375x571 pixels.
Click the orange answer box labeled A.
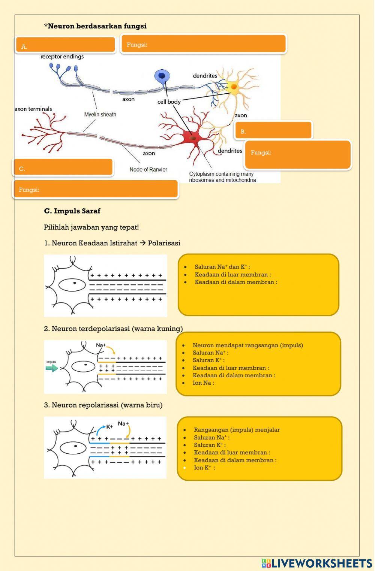[66, 45]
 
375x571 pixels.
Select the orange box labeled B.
[273, 130]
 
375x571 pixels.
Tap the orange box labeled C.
[63, 167]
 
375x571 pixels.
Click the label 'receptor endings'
[62, 57]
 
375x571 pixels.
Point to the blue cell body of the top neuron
[162, 76]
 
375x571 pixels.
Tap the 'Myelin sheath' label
[100, 115]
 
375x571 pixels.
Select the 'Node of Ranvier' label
[148, 170]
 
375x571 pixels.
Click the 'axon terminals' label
[33, 109]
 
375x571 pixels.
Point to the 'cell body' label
[169, 102]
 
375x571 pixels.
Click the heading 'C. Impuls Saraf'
[72, 211]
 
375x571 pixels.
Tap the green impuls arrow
[52, 368]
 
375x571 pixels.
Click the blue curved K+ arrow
[100, 429]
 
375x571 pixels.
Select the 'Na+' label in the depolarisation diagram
[101, 345]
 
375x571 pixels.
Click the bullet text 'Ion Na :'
[203, 383]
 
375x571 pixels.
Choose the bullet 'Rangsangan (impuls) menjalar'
[237, 430]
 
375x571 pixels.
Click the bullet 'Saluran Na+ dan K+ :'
[222, 267]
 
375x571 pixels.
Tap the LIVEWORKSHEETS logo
[317, 563]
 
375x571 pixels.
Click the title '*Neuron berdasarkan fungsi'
[95, 26]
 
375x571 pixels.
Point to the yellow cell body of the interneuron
[234, 87]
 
